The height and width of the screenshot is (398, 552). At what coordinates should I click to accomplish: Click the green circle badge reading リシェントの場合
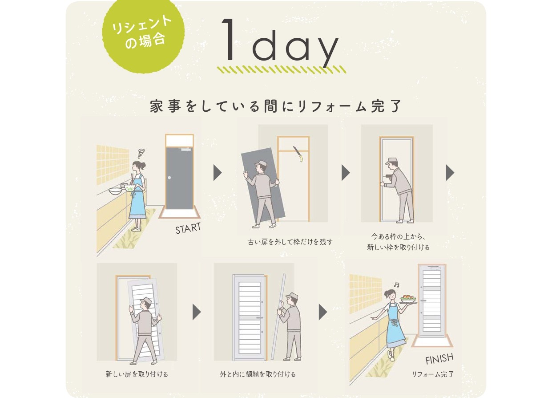143,33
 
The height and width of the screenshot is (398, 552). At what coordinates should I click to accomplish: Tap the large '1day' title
280,43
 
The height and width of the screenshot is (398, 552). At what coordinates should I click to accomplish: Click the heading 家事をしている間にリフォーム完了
276,106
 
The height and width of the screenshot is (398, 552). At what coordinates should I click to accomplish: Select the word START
188,228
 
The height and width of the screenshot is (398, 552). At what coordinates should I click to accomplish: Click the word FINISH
439,358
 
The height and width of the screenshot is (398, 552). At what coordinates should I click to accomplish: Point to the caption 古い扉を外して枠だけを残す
290,242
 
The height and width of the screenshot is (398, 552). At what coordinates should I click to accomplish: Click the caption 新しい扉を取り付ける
137,374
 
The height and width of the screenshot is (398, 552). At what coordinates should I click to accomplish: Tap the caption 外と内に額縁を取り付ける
258,374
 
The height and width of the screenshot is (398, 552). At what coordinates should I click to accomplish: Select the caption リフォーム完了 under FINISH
433,374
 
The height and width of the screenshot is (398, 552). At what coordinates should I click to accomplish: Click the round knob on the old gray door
169,178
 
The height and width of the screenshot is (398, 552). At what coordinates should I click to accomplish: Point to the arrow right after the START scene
218,173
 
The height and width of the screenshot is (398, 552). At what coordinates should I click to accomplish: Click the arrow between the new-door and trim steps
197,312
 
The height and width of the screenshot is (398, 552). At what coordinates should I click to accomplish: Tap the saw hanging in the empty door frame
298,154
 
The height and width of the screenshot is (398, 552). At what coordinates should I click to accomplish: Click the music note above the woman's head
396,285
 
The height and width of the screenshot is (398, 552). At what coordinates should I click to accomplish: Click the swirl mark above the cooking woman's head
141,153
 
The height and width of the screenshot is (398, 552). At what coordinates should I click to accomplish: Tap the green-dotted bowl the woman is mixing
129,188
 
